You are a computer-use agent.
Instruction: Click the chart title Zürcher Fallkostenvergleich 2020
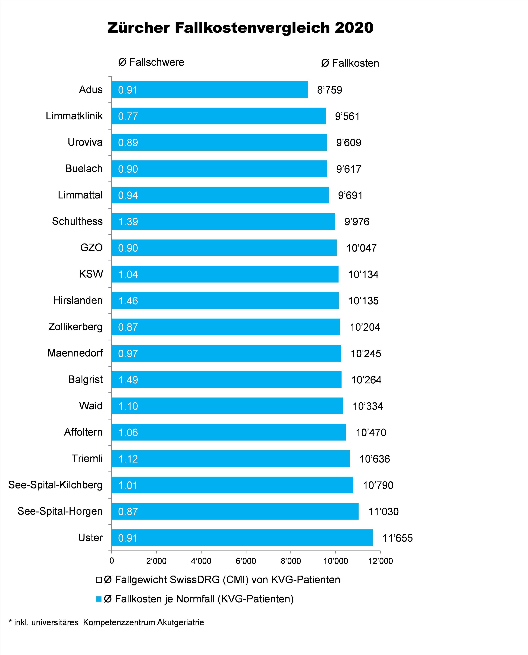240,28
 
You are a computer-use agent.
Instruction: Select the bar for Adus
210,90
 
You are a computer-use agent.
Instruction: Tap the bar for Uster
242,538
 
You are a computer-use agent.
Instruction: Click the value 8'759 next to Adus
329,90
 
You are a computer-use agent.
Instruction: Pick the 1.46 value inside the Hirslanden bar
128,301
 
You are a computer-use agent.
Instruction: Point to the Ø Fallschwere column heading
151,62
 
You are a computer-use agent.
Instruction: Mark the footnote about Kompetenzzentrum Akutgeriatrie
106,622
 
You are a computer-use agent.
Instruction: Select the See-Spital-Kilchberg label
55,485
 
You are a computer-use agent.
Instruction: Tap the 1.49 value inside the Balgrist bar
128,380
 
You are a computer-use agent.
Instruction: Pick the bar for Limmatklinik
218,116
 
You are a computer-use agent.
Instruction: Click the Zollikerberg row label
76,327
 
